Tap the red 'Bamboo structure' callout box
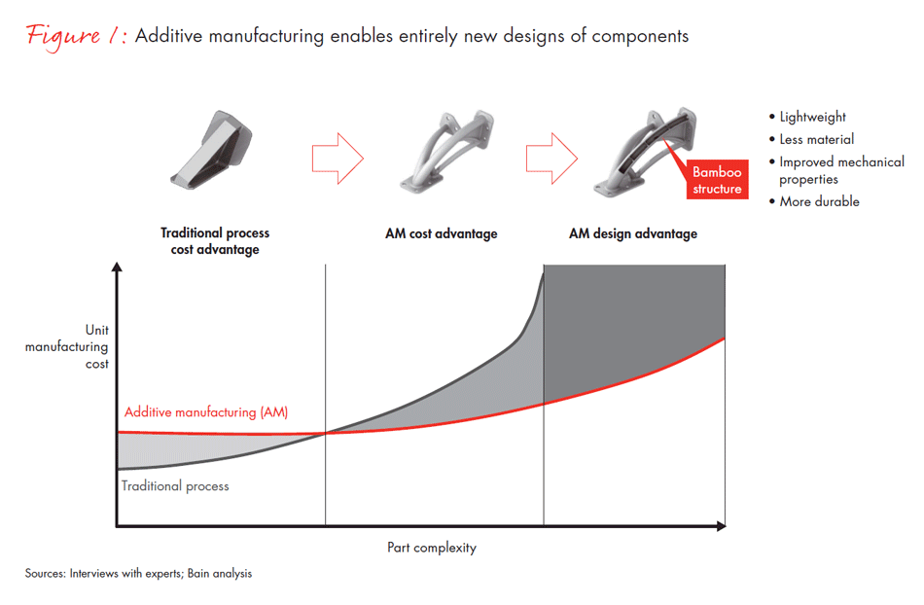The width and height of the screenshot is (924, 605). click(717, 180)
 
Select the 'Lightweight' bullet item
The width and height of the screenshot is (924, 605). click(812, 117)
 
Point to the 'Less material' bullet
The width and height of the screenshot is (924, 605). click(816, 139)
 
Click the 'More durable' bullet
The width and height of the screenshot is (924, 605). click(819, 201)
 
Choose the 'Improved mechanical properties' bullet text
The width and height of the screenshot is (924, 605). click(841, 170)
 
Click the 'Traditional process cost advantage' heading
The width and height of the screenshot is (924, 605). click(215, 240)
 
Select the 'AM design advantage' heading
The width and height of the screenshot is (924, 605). click(632, 233)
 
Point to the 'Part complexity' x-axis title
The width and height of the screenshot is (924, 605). click(432, 548)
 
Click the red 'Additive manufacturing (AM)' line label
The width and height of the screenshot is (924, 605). click(206, 411)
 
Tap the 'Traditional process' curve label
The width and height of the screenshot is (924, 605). click(175, 485)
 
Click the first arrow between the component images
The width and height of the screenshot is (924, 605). click(337, 157)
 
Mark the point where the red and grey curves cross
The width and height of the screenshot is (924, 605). click(326, 433)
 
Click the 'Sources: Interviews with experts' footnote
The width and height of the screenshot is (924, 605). click(138, 574)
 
